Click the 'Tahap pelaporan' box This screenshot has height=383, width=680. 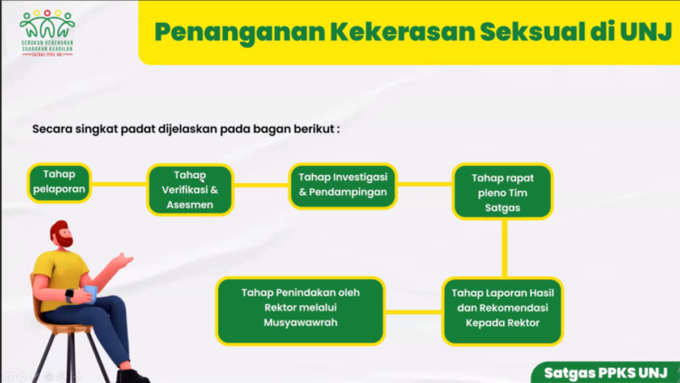[59, 183]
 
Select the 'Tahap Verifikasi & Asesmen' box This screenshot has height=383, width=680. [190, 190]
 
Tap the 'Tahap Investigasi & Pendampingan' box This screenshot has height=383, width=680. [343, 186]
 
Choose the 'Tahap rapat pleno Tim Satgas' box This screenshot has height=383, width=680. [503, 192]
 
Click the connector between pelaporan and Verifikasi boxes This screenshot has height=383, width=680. [119, 184]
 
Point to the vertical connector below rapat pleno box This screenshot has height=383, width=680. [504, 249]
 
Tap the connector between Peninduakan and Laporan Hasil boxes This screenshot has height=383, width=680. [414, 312]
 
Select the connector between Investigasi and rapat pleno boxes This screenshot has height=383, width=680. [424, 184]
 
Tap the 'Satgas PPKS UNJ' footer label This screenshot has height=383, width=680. [606, 373]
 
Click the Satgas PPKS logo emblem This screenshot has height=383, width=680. [47, 33]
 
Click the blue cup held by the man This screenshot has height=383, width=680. [90, 294]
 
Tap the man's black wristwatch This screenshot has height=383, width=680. [70, 295]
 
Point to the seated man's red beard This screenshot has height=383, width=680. [65, 239]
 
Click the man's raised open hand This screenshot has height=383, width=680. [124, 260]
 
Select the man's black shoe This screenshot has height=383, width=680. [133, 376]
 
